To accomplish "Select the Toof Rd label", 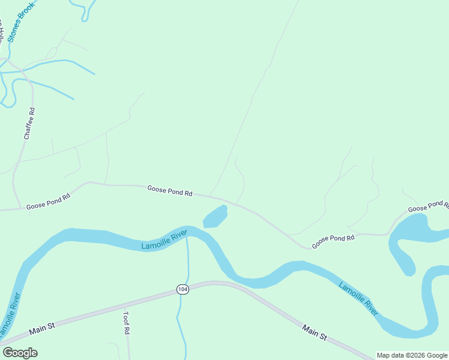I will [x=127, y=322].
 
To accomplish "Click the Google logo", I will [x=20, y=353].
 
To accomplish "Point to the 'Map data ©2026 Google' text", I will [x=411, y=355].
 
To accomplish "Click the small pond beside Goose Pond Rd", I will [x=215, y=217].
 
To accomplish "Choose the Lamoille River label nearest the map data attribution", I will [x=358, y=298].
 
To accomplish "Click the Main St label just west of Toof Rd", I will [x=43, y=328].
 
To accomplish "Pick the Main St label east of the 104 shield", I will [x=315, y=333].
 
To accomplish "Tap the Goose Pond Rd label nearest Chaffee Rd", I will [x=48, y=200].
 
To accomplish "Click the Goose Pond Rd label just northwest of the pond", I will [x=170, y=191].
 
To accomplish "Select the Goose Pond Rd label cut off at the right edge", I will [x=428, y=207].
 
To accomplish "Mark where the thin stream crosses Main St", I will [x=180, y=292].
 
